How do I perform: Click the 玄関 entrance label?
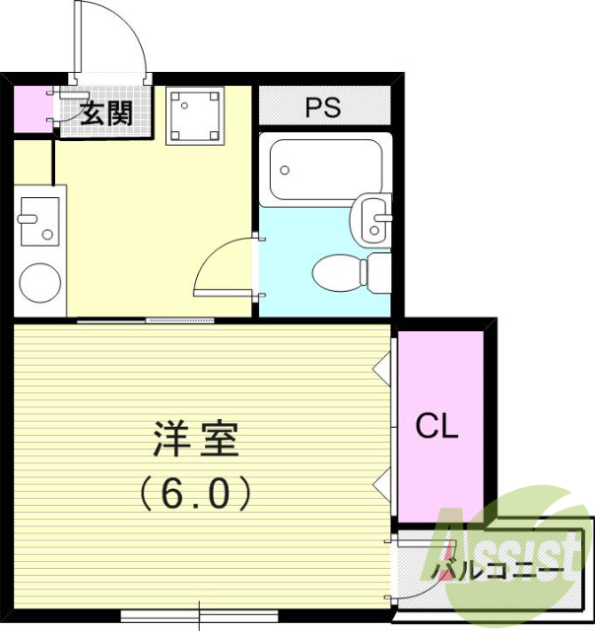(x=105, y=112)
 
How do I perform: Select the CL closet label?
(x=436, y=427)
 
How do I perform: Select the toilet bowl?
(x=339, y=270)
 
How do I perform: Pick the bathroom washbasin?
(x=374, y=219)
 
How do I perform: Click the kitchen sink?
(x=38, y=221)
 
